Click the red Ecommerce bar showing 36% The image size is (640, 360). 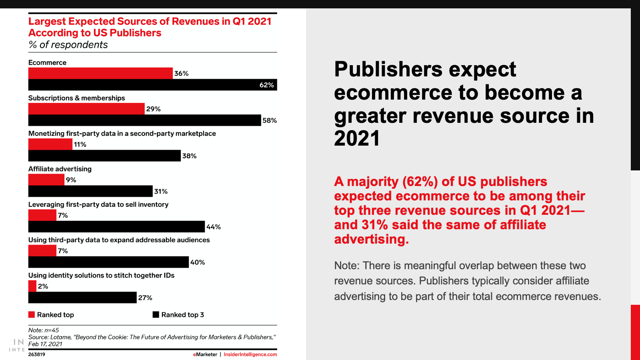[x=100, y=73]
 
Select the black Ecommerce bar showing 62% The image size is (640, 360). [x=152, y=85]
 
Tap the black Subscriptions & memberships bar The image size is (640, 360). [x=144, y=120]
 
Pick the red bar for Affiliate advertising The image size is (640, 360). [x=46, y=180]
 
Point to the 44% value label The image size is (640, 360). [x=214, y=227]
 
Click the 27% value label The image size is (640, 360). [x=145, y=298]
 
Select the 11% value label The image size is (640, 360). [x=80, y=144]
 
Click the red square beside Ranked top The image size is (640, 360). [x=32, y=315]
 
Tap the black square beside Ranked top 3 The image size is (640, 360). [x=156, y=315]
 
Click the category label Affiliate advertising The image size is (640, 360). [x=60, y=169]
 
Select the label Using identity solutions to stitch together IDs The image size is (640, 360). [x=101, y=275]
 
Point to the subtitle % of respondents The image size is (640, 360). [x=68, y=45]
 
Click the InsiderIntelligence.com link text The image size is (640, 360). [x=250, y=354]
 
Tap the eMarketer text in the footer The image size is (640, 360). [x=205, y=354]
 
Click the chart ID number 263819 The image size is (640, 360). [x=37, y=354]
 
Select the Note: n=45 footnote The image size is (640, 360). [x=44, y=330]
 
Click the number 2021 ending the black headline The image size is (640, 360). [x=357, y=139]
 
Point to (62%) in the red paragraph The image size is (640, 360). [x=420, y=182]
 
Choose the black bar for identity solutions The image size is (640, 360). [x=82, y=298]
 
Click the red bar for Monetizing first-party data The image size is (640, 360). [x=50, y=144]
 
